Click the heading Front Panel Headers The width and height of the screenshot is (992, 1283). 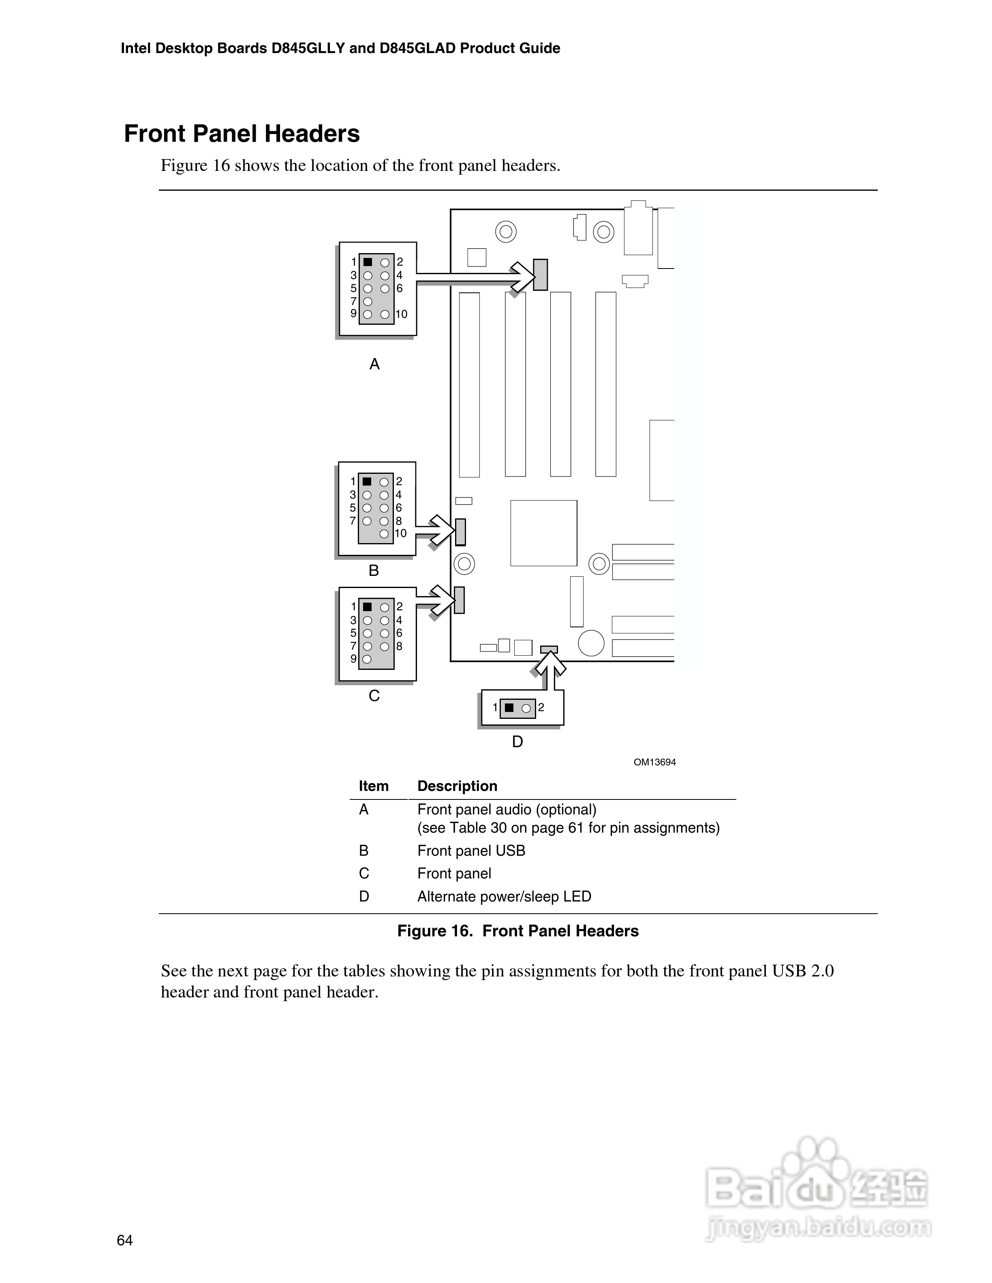pos(242,134)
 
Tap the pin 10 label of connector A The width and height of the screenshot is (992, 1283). pos(402,314)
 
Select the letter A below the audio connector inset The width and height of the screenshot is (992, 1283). pos(374,364)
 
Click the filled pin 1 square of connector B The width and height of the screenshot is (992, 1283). pos(367,482)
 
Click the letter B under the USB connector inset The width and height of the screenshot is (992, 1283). pos(374,570)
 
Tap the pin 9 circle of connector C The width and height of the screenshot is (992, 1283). pos(367,660)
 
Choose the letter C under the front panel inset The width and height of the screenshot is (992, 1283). pos(374,695)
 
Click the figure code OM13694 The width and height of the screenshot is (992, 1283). pos(655,763)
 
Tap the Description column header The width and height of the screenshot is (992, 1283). pos(457,786)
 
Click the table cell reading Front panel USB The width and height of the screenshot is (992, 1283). pos(471,850)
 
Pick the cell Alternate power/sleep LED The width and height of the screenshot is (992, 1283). pos(504,897)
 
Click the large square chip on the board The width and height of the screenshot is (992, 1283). pos(543,533)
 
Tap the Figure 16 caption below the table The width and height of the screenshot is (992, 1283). pos(518,931)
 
